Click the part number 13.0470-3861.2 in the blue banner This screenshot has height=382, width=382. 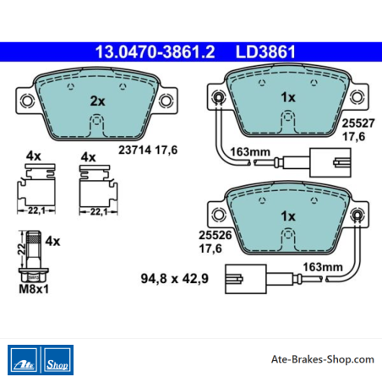[155, 52]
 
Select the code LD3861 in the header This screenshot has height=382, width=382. [265, 52]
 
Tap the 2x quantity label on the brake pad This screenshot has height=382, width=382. [97, 101]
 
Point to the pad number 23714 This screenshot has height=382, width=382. [134, 150]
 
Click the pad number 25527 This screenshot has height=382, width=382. [358, 123]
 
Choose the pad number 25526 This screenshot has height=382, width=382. [216, 235]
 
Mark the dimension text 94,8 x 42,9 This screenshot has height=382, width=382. [175, 278]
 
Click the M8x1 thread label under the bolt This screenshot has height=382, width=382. [34, 289]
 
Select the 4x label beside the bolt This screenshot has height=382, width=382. [52, 241]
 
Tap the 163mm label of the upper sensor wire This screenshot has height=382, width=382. [250, 152]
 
